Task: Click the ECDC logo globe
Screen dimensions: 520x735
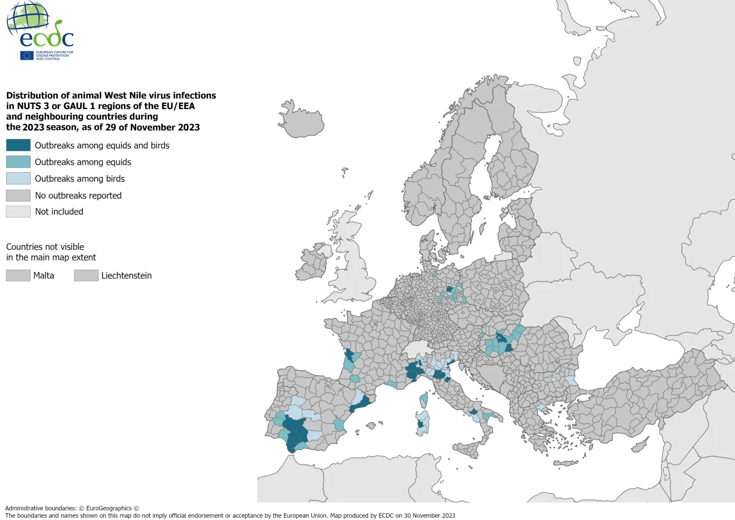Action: pyautogui.click(x=27, y=18)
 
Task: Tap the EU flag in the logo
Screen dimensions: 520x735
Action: pyautogui.click(x=27, y=55)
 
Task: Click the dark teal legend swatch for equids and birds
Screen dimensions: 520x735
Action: pyautogui.click(x=18, y=145)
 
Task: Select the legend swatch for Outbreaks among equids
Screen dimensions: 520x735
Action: pyautogui.click(x=18, y=162)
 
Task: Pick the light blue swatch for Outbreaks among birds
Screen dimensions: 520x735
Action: pyautogui.click(x=18, y=178)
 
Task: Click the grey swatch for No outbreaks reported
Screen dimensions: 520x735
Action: pyautogui.click(x=18, y=195)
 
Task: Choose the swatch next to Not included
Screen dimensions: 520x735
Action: pyautogui.click(x=18, y=212)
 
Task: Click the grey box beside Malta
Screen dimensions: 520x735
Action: pyautogui.click(x=18, y=276)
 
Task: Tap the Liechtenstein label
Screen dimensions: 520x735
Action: pyautogui.click(x=126, y=276)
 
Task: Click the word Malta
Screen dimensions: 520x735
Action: pyautogui.click(x=44, y=276)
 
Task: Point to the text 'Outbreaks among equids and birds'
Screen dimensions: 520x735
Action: pyautogui.click(x=102, y=145)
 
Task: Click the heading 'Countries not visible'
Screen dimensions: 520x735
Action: pyautogui.click(x=45, y=247)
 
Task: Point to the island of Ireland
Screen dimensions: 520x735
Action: pyautogui.click(x=315, y=262)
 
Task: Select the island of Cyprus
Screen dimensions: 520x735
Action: pyautogui.click(x=639, y=445)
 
